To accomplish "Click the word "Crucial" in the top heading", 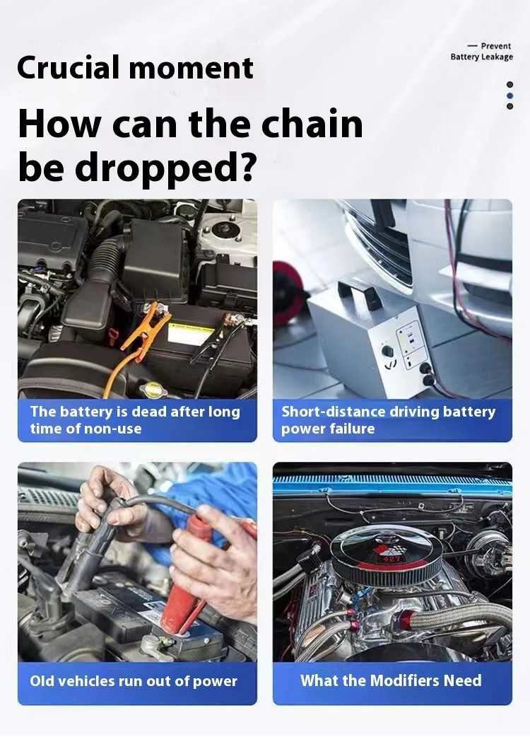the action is (69, 67).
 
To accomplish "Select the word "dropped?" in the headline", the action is (165, 168).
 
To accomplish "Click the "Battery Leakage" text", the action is (482, 57).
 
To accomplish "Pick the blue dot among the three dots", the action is (510, 95).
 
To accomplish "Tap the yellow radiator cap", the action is (153, 389).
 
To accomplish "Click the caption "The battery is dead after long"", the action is (135, 412).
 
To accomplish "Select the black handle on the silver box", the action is (359, 292).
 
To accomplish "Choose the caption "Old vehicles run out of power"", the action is (134, 681).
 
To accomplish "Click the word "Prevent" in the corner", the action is (496, 45).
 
